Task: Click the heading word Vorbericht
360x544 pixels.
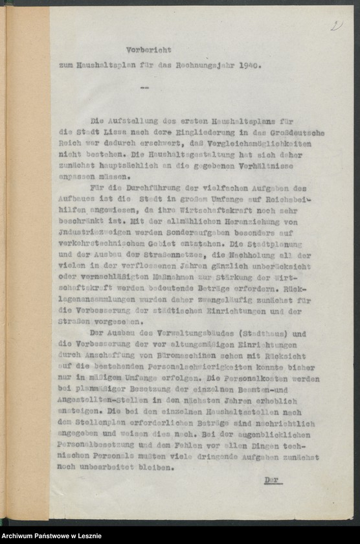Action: tap(148, 49)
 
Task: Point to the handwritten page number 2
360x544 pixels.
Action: tap(336, 25)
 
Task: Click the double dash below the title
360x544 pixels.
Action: tap(143, 87)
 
